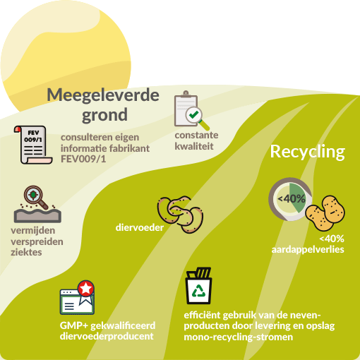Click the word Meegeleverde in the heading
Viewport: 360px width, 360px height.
[103, 95]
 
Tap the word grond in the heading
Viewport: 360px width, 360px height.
[104, 115]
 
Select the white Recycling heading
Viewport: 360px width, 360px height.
[308, 152]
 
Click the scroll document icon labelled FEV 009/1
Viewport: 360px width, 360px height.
[33, 145]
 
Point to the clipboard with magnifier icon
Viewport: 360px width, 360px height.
[191, 110]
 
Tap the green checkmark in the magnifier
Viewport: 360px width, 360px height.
[193, 114]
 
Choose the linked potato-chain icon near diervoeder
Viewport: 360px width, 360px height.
[180, 214]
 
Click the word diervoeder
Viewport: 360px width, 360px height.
[140, 227]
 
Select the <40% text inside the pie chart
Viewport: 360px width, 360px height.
[292, 199]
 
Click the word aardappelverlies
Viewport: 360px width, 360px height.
[308, 249]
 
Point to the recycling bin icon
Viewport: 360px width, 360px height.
[199, 286]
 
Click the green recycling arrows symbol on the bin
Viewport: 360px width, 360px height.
[199, 291]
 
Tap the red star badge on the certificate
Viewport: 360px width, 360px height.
[85, 288]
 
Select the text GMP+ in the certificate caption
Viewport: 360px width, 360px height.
[74, 325]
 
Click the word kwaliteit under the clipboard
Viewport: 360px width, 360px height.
[194, 146]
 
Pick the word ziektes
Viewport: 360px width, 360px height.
[26, 252]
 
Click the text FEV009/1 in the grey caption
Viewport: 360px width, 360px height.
[83, 159]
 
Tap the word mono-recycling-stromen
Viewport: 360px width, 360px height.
[239, 337]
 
